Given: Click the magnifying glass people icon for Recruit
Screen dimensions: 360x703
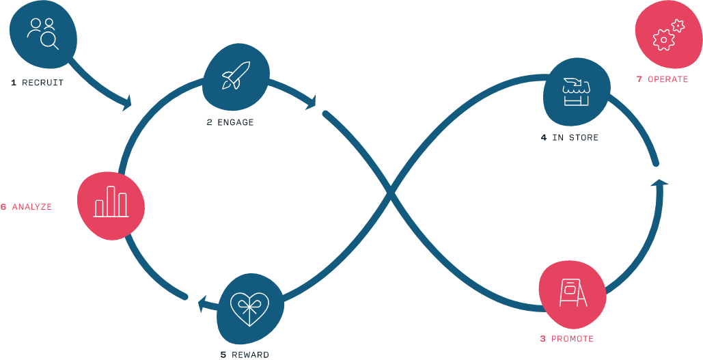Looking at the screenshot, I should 42,33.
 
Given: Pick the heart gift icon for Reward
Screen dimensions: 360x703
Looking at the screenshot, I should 249,309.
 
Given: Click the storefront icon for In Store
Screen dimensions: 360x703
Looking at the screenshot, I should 575,92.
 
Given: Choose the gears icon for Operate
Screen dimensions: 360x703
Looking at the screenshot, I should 667,36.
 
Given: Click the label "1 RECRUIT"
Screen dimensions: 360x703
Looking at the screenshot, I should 37,83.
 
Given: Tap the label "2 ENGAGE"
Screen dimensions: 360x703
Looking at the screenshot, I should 230,123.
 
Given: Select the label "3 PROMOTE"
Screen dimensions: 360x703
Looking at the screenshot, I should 566,339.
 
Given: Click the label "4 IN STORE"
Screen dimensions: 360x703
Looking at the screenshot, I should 569,138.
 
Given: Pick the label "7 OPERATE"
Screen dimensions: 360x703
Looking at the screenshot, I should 662,79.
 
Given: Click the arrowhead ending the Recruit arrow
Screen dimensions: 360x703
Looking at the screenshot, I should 127,105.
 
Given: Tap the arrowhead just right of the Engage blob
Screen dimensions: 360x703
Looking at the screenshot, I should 312,103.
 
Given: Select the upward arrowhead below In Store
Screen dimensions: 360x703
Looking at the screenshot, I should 659,182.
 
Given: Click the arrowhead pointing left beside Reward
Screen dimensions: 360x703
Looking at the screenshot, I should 203,303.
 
